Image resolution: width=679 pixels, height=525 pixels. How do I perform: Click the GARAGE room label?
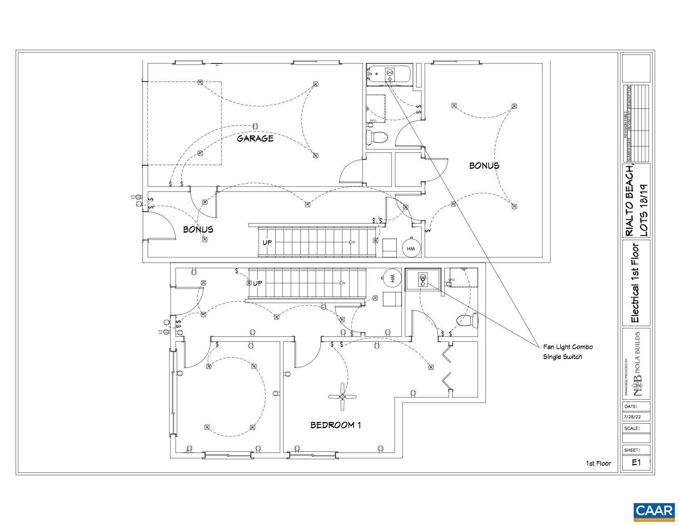[255, 138]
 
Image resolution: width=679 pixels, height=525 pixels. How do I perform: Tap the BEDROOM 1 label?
[335, 425]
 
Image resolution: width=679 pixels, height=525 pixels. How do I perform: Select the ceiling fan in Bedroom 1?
[342, 397]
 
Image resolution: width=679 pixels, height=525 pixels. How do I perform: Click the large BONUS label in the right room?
[484, 166]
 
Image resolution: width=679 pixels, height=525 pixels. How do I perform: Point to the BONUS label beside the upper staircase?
[198, 229]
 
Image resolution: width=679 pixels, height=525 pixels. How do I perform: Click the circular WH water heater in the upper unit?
[411, 248]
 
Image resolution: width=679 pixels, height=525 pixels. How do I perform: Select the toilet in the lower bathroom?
[468, 320]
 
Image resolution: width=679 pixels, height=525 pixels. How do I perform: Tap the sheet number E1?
[636, 462]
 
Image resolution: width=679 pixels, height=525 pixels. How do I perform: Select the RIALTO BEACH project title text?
[629, 200]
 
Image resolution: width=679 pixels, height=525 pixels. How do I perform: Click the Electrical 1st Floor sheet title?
[636, 283]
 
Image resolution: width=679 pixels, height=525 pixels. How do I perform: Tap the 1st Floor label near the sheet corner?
[598, 464]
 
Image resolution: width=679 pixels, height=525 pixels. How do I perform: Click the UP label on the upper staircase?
[267, 243]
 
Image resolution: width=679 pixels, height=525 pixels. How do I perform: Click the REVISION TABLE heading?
[626, 124]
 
